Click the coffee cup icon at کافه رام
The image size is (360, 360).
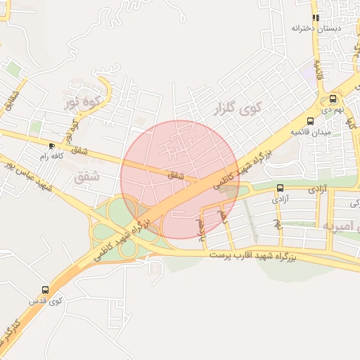point(51,146)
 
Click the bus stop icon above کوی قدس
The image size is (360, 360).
point(46,289)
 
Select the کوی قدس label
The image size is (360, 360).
point(46,300)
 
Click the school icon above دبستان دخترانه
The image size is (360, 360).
point(316,18)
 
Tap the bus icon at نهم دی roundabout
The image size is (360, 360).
point(332,99)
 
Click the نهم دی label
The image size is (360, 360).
point(333,110)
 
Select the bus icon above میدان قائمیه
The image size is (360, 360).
point(310,121)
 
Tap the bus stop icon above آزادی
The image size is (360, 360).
point(281,188)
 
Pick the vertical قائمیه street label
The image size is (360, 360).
point(319,69)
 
